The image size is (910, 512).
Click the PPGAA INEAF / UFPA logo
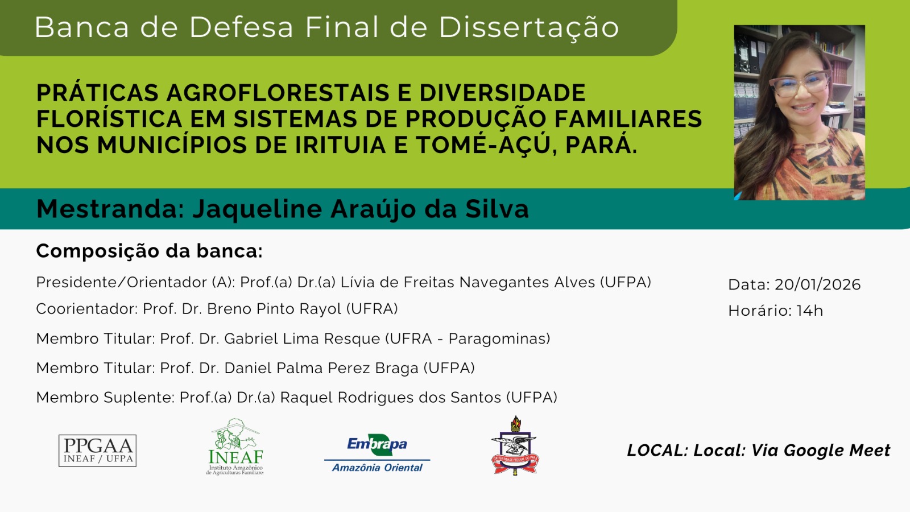[97, 451]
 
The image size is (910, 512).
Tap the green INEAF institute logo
[235, 447]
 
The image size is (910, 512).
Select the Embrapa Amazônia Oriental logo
[377, 453]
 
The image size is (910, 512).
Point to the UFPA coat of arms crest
[515, 445]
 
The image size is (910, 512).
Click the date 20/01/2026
[818, 284]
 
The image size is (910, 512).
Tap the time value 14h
[810, 311]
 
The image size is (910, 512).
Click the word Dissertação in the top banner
[529, 28]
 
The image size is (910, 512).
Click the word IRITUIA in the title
[341, 145]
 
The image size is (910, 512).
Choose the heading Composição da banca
[150, 251]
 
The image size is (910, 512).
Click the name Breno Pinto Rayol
[274, 309]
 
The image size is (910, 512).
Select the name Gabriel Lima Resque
[302, 338]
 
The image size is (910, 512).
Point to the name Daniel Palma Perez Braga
[321, 368]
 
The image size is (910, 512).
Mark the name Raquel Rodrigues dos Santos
[391, 398]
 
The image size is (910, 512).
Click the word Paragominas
[499, 339]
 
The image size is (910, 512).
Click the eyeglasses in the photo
[799, 84]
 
